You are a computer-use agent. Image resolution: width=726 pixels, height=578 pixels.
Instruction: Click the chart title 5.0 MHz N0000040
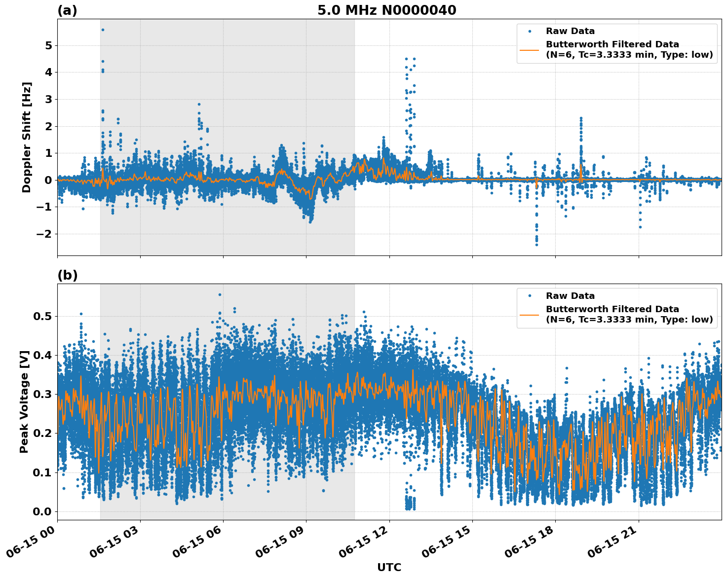tap(386, 10)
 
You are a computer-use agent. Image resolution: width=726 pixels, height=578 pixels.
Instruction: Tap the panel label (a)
tap(67, 10)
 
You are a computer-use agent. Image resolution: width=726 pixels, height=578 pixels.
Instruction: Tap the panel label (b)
tap(67, 275)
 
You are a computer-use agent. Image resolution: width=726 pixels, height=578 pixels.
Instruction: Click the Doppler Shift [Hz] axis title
tap(27, 137)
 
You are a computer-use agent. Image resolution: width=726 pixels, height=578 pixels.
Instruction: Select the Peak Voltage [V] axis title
tap(24, 401)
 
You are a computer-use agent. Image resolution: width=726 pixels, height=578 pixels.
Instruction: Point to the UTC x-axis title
tap(389, 567)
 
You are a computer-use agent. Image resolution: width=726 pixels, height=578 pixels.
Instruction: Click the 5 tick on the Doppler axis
tap(48, 45)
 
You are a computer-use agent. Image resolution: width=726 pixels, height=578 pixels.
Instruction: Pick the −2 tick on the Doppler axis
tap(44, 234)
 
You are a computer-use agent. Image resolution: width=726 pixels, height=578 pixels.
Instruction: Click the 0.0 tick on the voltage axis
tap(42, 511)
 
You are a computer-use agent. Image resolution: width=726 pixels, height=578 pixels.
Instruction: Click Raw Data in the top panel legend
tap(570, 31)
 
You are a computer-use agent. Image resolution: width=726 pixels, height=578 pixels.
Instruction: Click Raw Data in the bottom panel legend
tap(570, 296)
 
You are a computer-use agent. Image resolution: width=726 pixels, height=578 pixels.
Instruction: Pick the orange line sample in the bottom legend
tap(529, 314)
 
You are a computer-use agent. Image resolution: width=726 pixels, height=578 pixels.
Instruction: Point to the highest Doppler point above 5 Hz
tap(103, 30)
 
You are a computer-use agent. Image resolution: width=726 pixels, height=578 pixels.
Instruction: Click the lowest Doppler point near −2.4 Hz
tap(536, 245)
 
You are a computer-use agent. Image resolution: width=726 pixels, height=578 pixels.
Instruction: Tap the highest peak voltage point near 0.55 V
tap(220, 294)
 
